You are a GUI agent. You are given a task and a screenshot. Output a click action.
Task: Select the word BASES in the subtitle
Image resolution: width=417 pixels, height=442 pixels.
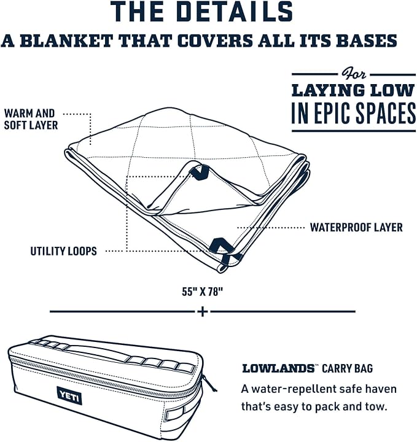[367, 41]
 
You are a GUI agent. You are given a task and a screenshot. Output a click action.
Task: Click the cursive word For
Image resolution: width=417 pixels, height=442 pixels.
[354, 74]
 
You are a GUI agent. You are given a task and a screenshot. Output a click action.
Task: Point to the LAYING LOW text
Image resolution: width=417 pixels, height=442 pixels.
[354, 90]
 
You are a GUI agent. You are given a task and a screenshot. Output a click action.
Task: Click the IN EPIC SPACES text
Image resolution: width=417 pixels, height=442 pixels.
[354, 113]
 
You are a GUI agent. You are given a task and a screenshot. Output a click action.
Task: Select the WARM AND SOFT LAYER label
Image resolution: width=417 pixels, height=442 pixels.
[31, 119]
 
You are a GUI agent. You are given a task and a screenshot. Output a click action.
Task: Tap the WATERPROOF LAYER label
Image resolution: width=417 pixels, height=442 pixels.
[356, 228]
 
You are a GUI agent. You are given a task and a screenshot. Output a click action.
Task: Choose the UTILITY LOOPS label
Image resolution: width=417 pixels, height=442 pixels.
[63, 251]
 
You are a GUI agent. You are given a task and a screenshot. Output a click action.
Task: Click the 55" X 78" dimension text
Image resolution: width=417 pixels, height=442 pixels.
[200, 292]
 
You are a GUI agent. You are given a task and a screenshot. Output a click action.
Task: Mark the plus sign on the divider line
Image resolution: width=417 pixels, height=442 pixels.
[203, 312]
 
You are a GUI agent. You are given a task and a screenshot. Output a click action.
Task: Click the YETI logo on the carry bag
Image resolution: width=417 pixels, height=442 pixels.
[69, 395]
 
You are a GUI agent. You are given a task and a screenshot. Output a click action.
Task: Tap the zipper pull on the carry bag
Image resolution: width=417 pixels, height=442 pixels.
[209, 382]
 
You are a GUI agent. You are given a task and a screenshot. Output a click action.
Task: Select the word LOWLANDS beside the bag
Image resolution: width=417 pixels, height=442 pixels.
[278, 368]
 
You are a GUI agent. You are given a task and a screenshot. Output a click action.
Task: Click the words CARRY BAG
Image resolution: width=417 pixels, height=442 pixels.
[348, 368]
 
